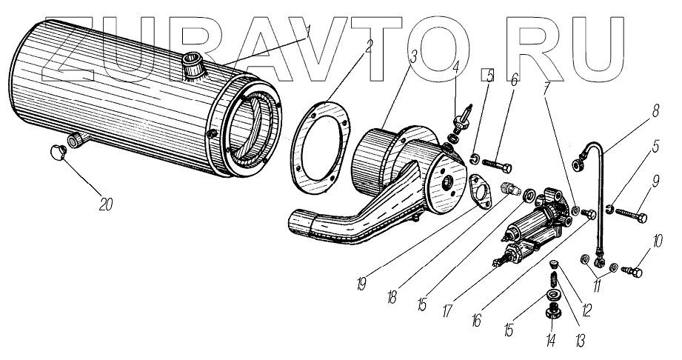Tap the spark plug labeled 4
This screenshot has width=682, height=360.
pyautogui.click(x=464, y=117)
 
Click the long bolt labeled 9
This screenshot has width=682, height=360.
pyautogui.click(x=630, y=217)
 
